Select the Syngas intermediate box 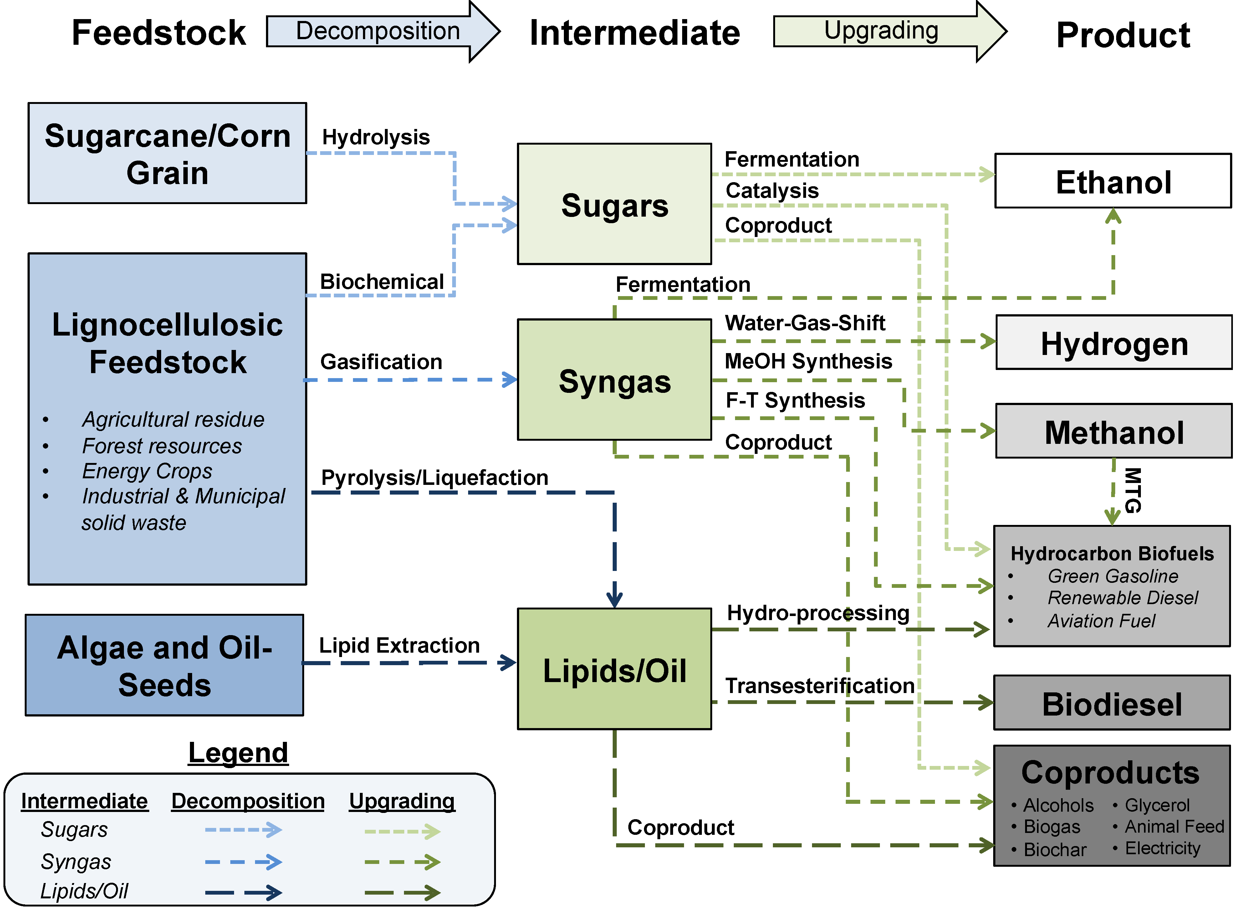[615, 380]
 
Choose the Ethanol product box [1113, 181]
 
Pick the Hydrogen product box [1114, 342]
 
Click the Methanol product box [1114, 431]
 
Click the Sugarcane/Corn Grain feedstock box [167, 153]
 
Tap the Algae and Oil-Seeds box [165, 665]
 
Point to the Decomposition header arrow [383, 31]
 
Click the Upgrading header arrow [890, 31]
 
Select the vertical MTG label [1133, 490]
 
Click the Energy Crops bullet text [147, 471]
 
